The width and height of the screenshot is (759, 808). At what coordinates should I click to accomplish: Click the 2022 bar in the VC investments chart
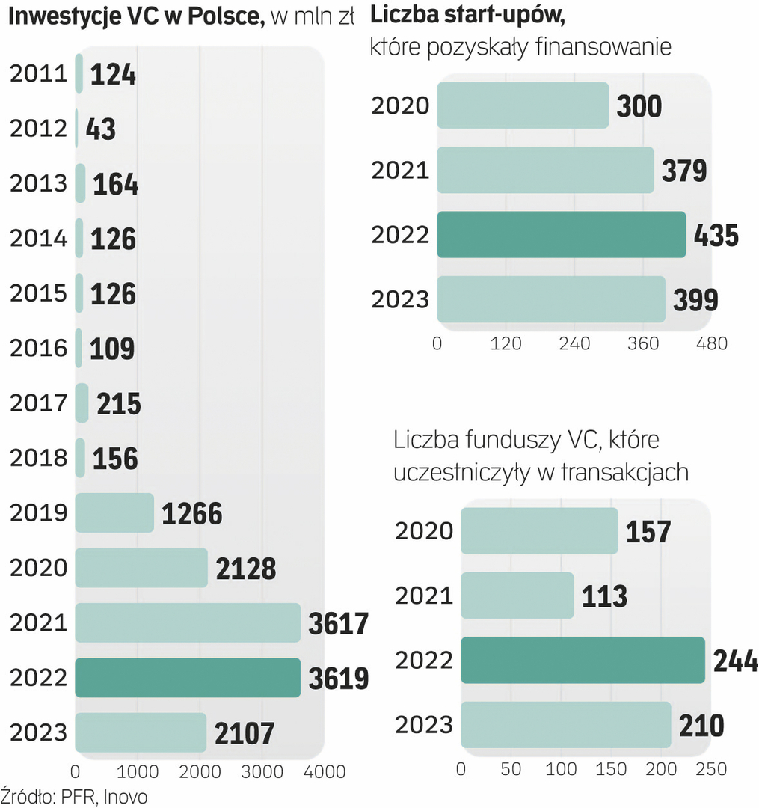(x=188, y=678)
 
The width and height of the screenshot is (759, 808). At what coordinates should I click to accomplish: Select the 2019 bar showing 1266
(x=114, y=512)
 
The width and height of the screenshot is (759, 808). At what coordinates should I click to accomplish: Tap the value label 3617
(x=339, y=623)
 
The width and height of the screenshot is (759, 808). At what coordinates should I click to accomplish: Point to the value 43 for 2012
(x=101, y=129)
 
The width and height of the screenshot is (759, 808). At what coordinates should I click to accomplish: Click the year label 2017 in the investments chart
(x=38, y=403)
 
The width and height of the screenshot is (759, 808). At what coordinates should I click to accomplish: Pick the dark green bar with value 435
(x=561, y=235)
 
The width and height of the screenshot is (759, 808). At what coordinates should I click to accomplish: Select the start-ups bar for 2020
(x=523, y=105)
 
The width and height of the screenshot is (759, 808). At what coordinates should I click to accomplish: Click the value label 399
(x=695, y=300)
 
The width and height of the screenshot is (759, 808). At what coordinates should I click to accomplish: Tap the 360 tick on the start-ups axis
(x=644, y=343)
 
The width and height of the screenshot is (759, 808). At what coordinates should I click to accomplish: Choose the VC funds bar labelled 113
(x=517, y=596)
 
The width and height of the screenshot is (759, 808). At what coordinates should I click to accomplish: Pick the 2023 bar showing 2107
(x=141, y=732)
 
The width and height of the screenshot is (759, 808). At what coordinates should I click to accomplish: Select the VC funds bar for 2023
(x=565, y=725)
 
